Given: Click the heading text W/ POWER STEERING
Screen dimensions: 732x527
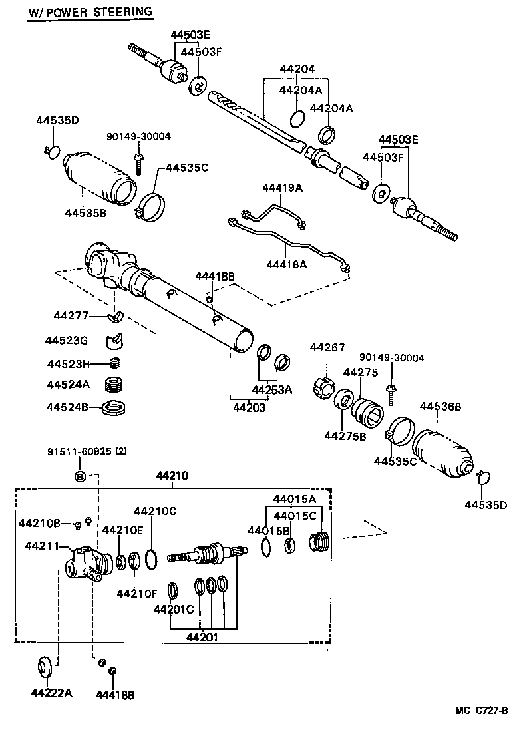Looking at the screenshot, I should pyautogui.click(x=90, y=12).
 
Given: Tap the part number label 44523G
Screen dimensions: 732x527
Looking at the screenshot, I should pyautogui.click(x=67, y=341).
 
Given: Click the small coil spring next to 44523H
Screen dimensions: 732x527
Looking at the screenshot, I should pyautogui.click(x=114, y=363).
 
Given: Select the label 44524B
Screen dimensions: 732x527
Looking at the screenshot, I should pyautogui.click(x=67, y=407).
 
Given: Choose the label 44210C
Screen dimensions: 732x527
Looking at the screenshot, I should pyautogui.click(x=154, y=511).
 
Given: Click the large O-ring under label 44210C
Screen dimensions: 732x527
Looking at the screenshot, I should pyautogui.click(x=151, y=559).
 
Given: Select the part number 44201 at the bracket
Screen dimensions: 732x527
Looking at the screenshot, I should pyautogui.click(x=202, y=638).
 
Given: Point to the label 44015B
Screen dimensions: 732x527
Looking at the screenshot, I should pyautogui.click(x=269, y=530).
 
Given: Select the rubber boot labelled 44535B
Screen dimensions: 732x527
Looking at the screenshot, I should pyautogui.click(x=100, y=174).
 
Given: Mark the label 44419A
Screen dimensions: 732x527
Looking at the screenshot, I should pyautogui.click(x=282, y=188).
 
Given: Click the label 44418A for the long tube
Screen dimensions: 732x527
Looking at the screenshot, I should pyautogui.click(x=286, y=265).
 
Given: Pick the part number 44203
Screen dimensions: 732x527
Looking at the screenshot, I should pyautogui.click(x=249, y=408).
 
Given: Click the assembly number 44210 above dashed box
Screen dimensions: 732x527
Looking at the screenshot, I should pyautogui.click(x=172, y=476).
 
